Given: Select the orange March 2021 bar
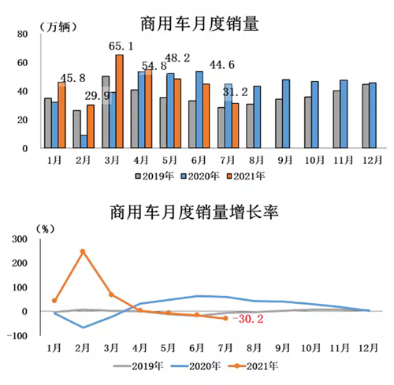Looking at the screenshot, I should click(x=119, y=101).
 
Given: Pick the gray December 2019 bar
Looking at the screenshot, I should click(x=365, y=116).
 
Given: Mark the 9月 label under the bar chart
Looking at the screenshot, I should click(x=281, y=158).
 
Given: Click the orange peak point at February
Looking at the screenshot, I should click(x=82, y=251).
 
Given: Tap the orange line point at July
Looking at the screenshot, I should click(x=225, y=318).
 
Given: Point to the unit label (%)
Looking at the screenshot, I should click(x=46, y=230).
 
